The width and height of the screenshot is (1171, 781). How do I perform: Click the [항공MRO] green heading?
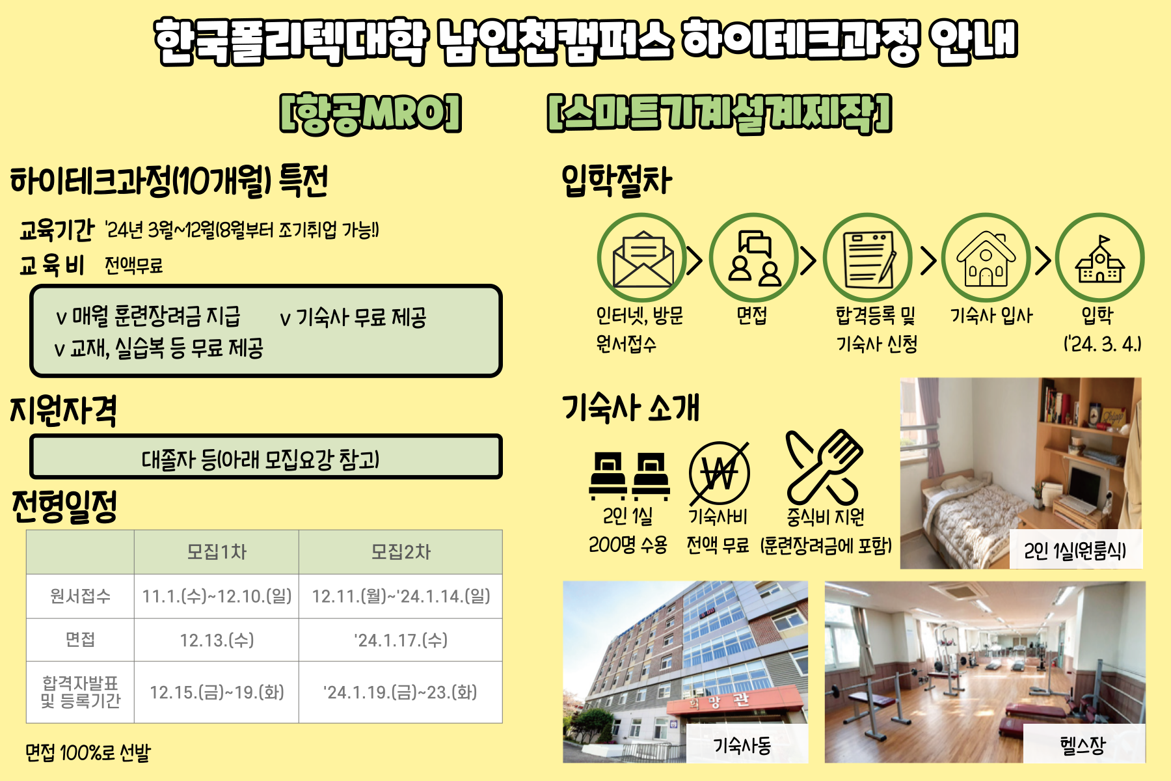coord(370,113)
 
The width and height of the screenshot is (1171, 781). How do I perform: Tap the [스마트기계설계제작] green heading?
coord(720,113)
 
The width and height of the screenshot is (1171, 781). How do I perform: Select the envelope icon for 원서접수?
coord(642,258)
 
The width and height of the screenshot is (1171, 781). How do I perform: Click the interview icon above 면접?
coord(754,258)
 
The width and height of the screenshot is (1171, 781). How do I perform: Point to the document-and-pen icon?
coord(868,258)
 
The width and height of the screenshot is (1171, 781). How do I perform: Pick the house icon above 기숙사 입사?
coord(986,258)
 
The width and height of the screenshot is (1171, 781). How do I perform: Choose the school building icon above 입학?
coord(1099,258)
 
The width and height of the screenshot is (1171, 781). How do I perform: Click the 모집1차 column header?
coord(217,552)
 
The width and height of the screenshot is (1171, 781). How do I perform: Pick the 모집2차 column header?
coord(401,552)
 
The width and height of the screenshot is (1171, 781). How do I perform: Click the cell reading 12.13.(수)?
coord(217,640)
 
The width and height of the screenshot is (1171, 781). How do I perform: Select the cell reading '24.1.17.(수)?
coord(401,640)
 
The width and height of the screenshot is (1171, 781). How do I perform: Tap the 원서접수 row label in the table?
coord(80,596)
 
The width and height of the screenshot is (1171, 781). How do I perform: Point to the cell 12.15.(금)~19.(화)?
coord(217,692)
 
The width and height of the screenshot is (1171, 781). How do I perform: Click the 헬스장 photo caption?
coord(1083,745)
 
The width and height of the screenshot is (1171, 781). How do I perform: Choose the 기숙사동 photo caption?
coord(742,745)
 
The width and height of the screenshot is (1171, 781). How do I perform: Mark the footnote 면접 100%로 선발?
coord(88,753)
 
